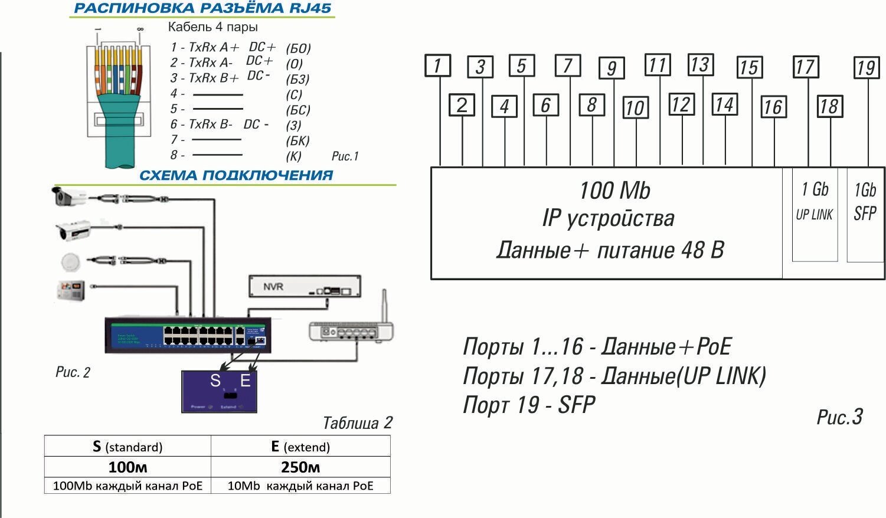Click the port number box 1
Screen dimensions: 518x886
pos(438,65)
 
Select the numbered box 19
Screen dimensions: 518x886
pos(866,67)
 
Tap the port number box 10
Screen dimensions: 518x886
pos(635,108)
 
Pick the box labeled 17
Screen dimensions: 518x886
pos(805,67)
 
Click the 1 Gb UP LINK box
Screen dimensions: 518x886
pos(815,215)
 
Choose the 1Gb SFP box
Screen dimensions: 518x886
pos(865,215)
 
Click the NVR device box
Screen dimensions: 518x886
pos(304,286)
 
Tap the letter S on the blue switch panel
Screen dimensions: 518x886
pos(215,381)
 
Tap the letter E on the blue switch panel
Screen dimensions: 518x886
pos(245,381)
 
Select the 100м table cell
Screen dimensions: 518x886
pos(127,467)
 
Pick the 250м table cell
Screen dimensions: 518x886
pos(300,467)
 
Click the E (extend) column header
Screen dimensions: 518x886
pos(300,447)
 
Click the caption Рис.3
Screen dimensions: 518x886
pos(839,417)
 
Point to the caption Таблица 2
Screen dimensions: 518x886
pos(357,423)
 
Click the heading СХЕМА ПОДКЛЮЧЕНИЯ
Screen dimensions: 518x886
pos(236,175)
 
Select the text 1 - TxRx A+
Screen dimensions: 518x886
pos(205,47)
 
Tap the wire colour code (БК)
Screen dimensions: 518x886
pos(298,140)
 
